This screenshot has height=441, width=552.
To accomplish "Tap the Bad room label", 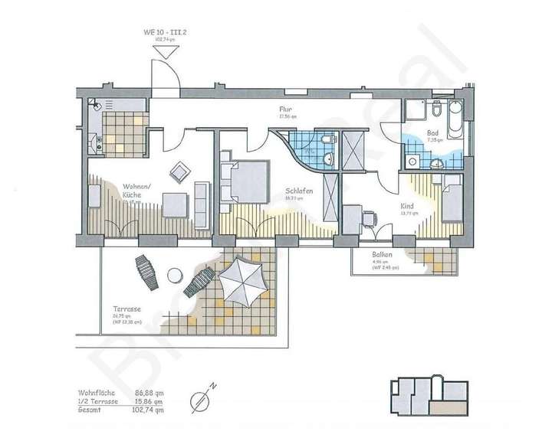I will [x=433, y=132].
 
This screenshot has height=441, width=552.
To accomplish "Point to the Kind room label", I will [x=406, y=206].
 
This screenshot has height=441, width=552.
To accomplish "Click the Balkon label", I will [x=383, y=254].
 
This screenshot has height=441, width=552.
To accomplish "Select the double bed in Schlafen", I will [x=244, y=182].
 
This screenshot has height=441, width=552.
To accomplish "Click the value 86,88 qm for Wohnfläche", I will [x=149, y=391].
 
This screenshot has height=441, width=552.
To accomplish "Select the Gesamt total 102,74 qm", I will [x=148, y=409].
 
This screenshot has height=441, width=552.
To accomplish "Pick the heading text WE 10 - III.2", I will [x=163, y=32].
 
